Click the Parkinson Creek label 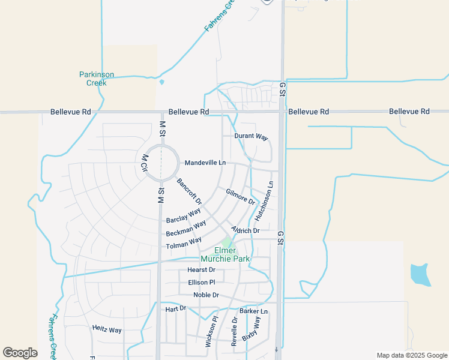click(97, 79)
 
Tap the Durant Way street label click(251, 137)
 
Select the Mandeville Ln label click(205, 163)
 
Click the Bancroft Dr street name click(189, 190)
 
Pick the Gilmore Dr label click(241, 196)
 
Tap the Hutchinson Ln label click(264, 200)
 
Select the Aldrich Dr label click(246, 230)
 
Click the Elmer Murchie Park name click(226, 254)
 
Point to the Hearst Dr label click(201, 270)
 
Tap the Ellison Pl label click(201, 282)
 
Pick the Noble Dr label click(206, 295)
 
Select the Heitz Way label click(107, 329)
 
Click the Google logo click(20, 353)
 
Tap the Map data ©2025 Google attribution click(411, 355)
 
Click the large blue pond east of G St click(420, 274)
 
